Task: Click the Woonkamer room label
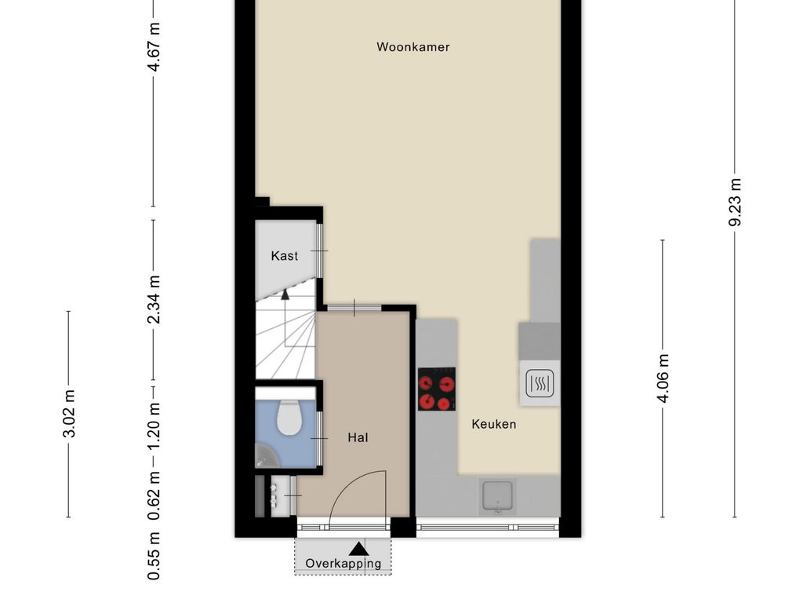[x=412, y=47]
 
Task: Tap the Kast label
[x=284, y=256]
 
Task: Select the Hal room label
[x=358, y=437]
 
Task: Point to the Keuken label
[x=494, y=424]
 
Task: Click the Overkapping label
[x=343, y=564]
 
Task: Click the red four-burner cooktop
[x=437, y=389]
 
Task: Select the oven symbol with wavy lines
[x=540, y=383]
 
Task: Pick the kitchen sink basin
[x=497, y=496]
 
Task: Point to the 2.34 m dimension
[x=154, y=299]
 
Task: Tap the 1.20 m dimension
[x=154, y=425]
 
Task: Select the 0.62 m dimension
[x=154, y=495]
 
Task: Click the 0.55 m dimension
[x=154, y=557]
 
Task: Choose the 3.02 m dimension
[x=69, y=414]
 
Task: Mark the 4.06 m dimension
[x=663, y=378]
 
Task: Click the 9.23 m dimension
[x=735, y=202]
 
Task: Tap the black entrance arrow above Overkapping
[x=358, y=549]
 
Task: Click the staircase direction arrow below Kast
[x=285, y=294]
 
